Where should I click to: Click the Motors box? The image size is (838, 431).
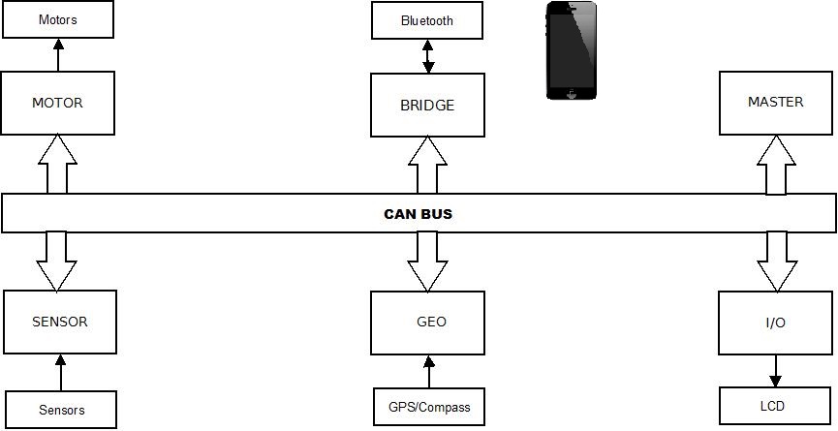[58, 19]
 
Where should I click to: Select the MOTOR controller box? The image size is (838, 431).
[58, 103]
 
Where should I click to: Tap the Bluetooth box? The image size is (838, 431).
[427, 20]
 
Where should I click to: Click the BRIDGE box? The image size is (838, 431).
[427, 106]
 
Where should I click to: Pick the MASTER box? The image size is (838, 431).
[776, 103]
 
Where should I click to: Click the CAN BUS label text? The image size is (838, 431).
[418, 214]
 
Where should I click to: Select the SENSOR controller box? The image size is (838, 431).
[60, 323]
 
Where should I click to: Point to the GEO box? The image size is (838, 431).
[427, 323]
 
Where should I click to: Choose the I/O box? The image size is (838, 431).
[775, 323]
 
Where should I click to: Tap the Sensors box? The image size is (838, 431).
[61, 410]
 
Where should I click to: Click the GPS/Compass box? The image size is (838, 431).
[429, 407]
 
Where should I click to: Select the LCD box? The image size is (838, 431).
[775, 407]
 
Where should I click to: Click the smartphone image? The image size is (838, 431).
[572, 50]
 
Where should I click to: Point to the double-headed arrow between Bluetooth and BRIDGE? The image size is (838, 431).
[427, 56]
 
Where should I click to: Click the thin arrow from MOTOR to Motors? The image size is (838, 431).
[58, 55]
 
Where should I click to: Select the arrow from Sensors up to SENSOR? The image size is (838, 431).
[60, 372]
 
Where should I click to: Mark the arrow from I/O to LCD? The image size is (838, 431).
[775, 371]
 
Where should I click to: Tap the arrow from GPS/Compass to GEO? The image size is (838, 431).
[428, 372]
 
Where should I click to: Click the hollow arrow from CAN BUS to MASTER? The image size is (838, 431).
[776, 165]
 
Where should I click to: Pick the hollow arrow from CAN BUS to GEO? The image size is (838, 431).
[427, 262]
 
